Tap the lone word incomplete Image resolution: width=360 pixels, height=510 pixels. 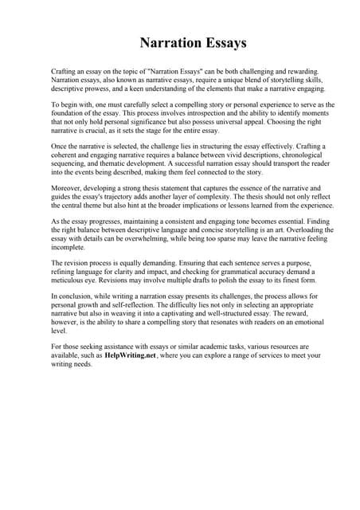pyautogui.click(x=69, y=249)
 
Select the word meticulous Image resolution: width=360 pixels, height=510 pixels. pyautogui.click(x=70, y=280)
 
